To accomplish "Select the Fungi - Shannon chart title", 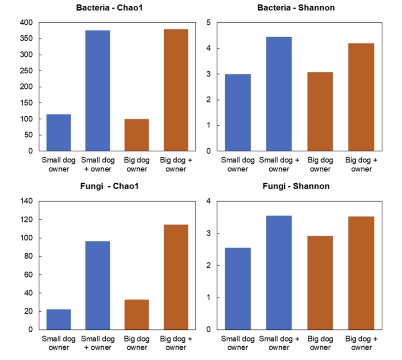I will [296, 186].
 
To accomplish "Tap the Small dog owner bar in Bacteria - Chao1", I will [58, 133].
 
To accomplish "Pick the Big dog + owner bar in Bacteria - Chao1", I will [176, 90].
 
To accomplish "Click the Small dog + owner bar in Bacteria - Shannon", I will [279, 94].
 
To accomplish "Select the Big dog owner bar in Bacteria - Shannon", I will [320, 111].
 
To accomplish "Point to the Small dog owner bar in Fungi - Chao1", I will [58, 320].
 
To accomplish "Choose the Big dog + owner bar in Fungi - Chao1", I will [176, 277].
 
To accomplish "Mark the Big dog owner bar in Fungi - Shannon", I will [320, 283].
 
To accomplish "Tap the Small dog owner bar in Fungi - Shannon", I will [238, 289].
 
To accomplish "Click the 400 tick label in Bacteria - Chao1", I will [27, 23].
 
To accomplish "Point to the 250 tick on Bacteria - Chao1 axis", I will [27, 71].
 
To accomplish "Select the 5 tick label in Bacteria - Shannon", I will [208, 23].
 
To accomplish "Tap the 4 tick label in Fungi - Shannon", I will [208, 201].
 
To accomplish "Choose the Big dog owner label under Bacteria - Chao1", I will [137, 164].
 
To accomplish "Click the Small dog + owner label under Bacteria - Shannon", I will [279, 164].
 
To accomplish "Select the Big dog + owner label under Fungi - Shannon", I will [361, 343].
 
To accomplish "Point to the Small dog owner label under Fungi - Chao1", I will [58, 343].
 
